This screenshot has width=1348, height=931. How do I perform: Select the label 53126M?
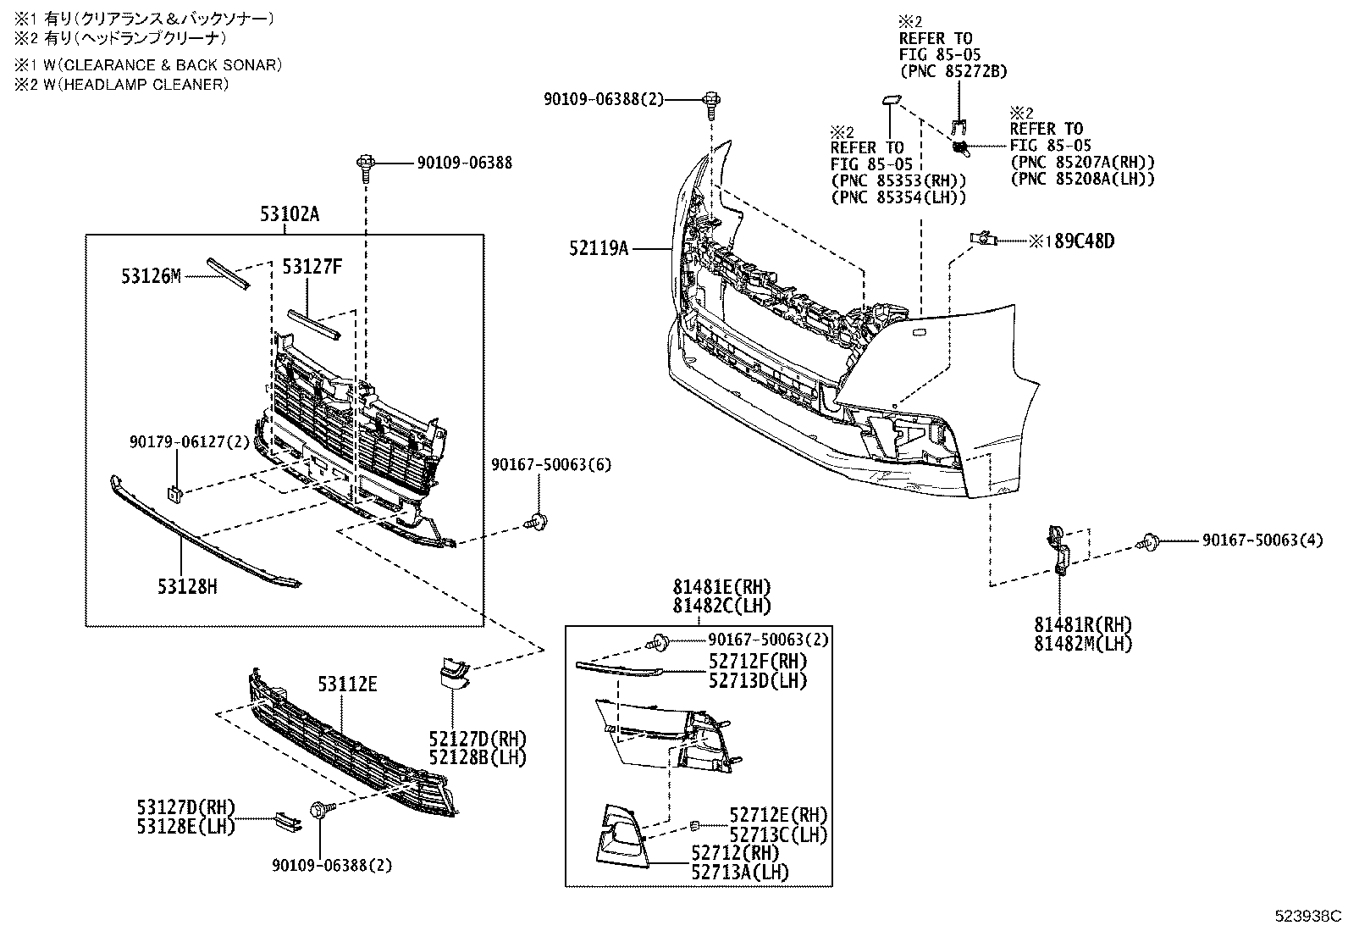point(151,276)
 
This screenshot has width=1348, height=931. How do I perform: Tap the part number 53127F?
point(312,268)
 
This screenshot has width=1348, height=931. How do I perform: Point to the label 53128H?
point(186,585)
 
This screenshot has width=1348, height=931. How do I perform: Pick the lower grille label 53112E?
point(347,684)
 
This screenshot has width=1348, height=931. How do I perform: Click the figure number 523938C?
point(1309,916)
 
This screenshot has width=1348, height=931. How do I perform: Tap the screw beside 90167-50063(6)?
point(537,524)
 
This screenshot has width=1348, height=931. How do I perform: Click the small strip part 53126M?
point(227,273)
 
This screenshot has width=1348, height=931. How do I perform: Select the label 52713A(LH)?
point(740,872)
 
